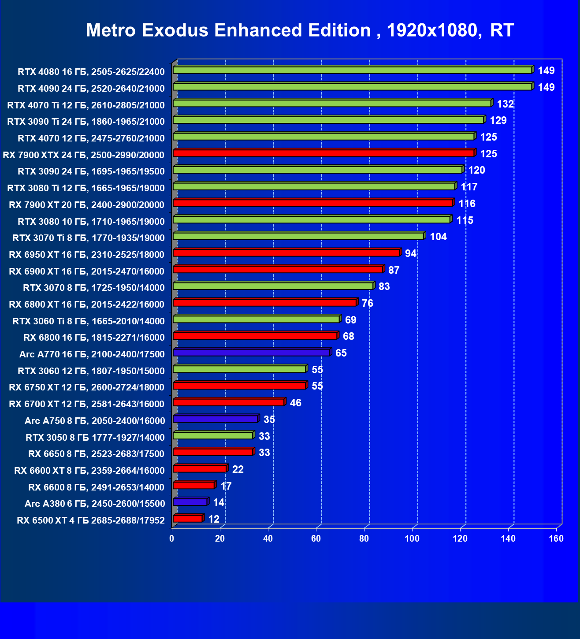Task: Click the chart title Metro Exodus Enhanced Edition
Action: [x=300, y=30]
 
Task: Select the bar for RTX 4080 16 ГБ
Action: [x=353, y=70]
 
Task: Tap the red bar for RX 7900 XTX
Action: [x=323, y=153]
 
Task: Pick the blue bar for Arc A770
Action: [x=251, y=353]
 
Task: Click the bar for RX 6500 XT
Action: [x=188, y=519]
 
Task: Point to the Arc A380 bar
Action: [x=190, y=502]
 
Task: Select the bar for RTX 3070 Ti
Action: [x=298, y=236]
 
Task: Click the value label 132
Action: [x=505, y=104]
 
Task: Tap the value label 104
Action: [x=438, y=237]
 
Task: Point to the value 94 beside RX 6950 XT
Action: [x=410, y=253]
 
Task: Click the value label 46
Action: [x=295, y=403]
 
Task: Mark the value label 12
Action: [x=214, y=519]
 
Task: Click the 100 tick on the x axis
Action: [x=412, y=539]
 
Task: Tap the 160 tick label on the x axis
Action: [x=556, y=539]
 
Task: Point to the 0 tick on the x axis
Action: [x=172, y=539]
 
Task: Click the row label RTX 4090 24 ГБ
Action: [x=91, y=89]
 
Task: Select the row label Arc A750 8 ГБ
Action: [x=95, y=421]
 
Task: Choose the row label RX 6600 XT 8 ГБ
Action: [x=89, y=471]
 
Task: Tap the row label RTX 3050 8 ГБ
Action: [x=95, y=438]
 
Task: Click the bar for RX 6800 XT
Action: [x=264, y=302]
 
